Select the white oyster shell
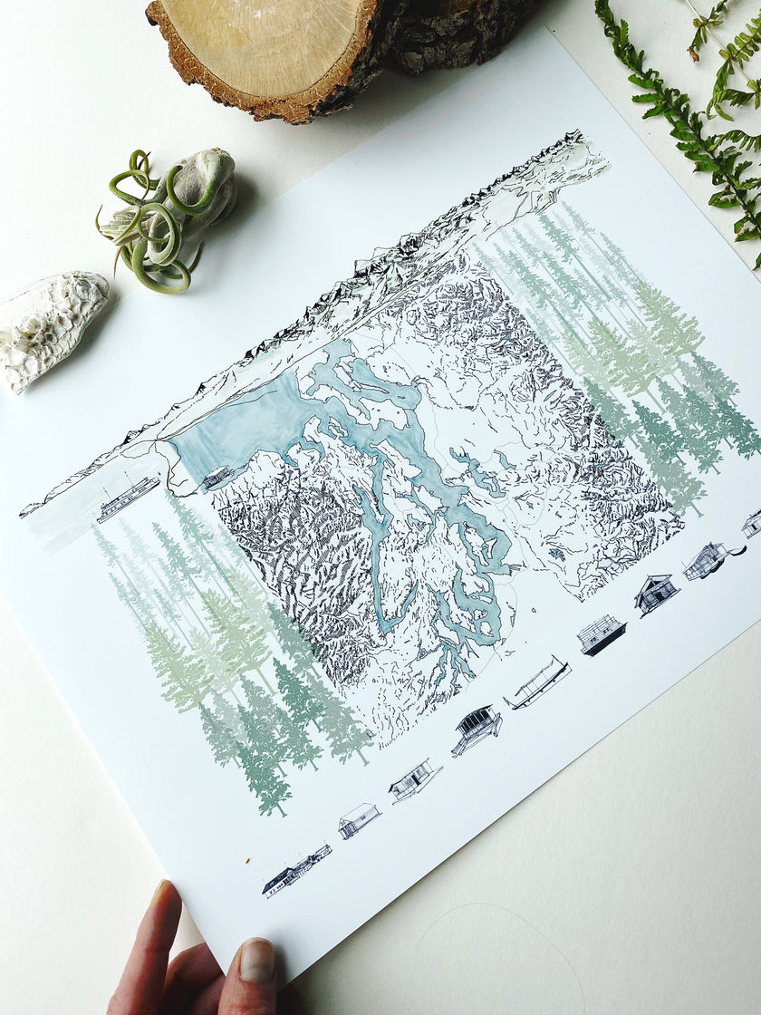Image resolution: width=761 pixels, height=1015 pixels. tap(51, 326)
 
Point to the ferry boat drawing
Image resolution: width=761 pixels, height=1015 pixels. tap(128, 498)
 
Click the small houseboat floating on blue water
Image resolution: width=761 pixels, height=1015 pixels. tap(216, 477)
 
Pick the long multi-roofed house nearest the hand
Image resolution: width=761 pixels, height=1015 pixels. tap(295, 870)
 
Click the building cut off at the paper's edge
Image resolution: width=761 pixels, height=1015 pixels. tap(752, 523)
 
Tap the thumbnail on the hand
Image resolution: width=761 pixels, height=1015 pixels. tap(257, 962)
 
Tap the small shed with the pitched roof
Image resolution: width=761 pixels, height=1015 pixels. tap(359, 820)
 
